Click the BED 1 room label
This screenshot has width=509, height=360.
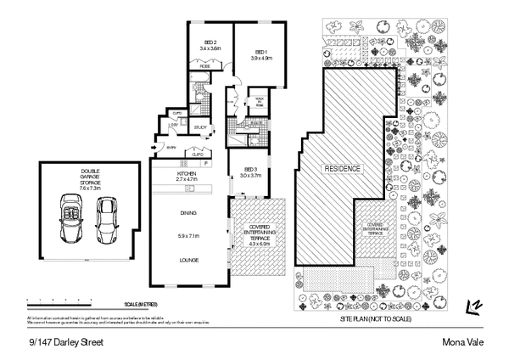(260, 51)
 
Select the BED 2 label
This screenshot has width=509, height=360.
(210, 46)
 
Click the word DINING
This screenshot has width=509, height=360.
(187, 213)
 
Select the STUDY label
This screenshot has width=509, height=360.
(200, 128)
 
